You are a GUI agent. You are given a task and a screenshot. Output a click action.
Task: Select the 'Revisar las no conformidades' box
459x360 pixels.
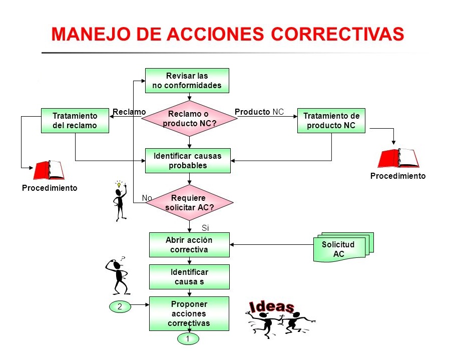[x=187, y=81]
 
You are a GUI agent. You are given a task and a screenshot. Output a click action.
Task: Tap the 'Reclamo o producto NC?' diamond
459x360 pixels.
[x=188, y=119]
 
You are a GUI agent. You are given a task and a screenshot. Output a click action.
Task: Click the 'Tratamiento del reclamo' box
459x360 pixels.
[x=75, y=121]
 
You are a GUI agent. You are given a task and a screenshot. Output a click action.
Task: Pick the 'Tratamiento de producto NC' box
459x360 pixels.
[x=331, y=121]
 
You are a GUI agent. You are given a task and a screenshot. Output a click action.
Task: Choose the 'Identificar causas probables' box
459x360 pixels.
[x=188, y=161]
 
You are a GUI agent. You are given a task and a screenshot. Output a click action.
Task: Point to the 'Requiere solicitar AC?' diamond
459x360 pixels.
[x=188, y=202]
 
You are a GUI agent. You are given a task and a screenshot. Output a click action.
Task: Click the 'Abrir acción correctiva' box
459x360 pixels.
[x=189, y=245]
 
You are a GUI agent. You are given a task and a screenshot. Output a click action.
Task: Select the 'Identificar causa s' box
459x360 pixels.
[x=189, y=277]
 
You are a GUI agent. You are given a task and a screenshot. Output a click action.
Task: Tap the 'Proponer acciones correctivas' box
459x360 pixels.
[x=189, y=313]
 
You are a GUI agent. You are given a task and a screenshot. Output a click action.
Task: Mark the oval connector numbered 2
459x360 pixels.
[x=120, y=306]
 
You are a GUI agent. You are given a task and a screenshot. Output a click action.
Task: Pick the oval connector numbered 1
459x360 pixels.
[x=188, y=339]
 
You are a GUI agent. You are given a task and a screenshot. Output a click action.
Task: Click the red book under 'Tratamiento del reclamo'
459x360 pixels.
[x=49, y=170]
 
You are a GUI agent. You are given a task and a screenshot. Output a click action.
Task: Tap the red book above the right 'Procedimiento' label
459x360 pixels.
[x=398, y=158]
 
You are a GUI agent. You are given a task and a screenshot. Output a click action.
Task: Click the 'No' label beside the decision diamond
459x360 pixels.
[x=147, y=198]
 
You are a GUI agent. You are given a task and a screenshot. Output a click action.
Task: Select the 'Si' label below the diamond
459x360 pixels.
[x=204, y=228]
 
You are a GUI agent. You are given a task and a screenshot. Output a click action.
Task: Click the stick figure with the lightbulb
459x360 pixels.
[x=120, y=201]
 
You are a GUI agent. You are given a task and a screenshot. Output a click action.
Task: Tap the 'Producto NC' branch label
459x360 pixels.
[x=259, y=112]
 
